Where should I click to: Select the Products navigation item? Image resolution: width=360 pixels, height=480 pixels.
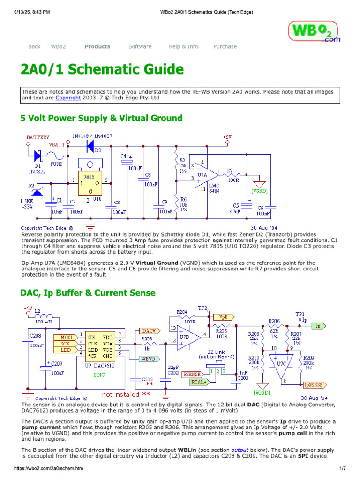97,46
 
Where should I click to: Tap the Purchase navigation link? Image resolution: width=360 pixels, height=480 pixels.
225,46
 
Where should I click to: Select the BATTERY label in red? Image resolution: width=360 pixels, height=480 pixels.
38,137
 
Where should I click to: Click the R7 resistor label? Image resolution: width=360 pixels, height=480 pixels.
230,171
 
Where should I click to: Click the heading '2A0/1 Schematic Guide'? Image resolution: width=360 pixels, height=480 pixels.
102,69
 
